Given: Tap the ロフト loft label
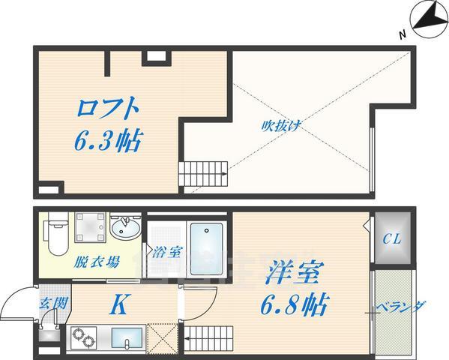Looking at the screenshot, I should pos(109,108).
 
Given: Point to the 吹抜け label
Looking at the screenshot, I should pos(282,125).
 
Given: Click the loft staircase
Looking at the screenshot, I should pos(202,173).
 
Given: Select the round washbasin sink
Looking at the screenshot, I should pos(125,226).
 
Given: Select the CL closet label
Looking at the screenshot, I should pos(391,241).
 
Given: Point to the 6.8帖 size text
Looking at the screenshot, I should pos(293,305).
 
